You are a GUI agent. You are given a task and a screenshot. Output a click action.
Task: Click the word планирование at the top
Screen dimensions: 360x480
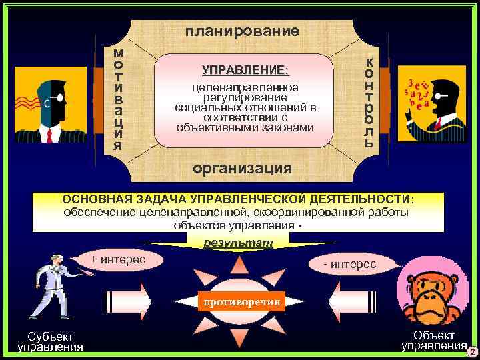pos(242,31)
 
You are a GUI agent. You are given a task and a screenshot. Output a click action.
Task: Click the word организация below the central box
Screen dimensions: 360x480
pos(242,168)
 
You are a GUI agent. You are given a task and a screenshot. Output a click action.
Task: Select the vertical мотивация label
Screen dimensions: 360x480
pos(118,99)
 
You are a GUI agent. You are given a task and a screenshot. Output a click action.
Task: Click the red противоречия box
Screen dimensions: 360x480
pos(241,302)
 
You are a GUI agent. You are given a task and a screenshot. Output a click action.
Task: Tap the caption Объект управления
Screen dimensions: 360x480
pos(434,339)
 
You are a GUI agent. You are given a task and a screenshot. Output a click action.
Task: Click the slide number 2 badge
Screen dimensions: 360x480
pos(472,351)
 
